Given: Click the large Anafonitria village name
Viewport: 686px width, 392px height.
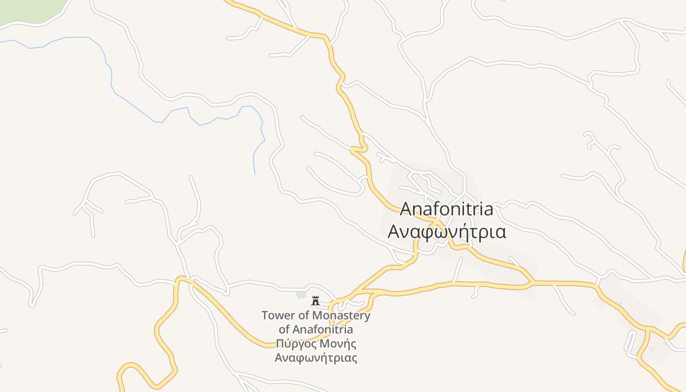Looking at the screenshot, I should (446, 209).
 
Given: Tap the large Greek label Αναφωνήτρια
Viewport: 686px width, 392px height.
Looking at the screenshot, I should (446, 231).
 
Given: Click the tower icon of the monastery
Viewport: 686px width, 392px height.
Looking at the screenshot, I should (316, 301).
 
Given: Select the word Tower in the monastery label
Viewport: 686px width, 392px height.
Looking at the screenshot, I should (279, 315).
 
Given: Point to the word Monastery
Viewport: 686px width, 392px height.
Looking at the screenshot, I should (341, 315).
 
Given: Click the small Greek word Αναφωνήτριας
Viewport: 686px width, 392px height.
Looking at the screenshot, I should (316, 358).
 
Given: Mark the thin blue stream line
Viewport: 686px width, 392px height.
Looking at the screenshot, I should (137, 108).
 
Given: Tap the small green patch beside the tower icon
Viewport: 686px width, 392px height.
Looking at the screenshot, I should (301, 295).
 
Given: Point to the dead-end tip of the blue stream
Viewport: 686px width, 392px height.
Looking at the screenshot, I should (255, 174).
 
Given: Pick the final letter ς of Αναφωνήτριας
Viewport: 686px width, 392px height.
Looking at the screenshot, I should (354, 359).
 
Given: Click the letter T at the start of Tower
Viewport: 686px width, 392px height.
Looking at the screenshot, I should (265, 315).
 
